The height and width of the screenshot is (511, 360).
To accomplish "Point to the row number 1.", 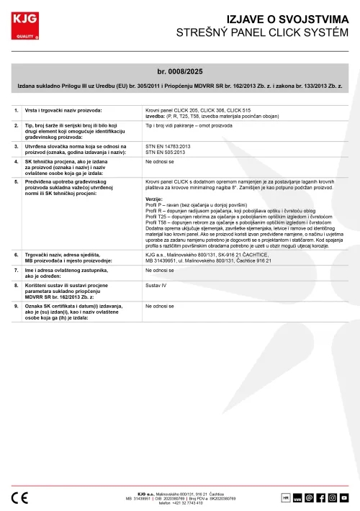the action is point(16,110).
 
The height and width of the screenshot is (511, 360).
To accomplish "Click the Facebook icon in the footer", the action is point(321,497).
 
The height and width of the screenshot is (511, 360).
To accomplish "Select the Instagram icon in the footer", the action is point(333,497).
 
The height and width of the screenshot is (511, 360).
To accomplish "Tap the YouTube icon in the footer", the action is point(344,497).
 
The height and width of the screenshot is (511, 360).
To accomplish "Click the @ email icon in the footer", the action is point(310,497).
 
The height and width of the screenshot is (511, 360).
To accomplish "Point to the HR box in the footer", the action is point(286,497).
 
